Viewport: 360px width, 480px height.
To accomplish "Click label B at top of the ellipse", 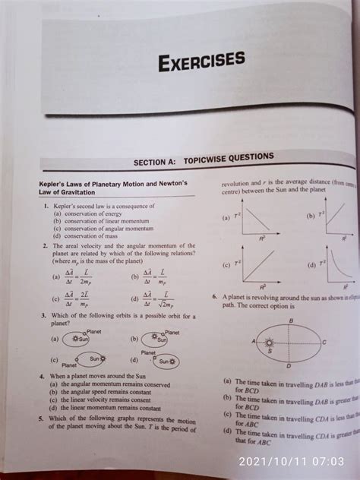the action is click(x=290, y=321).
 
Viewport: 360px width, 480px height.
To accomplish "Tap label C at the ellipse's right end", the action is click(x=324, y=343).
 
